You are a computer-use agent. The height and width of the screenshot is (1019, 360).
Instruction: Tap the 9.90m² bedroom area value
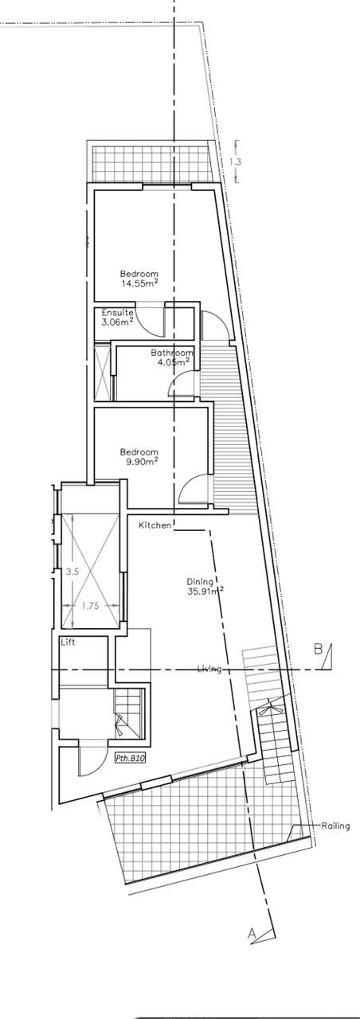pyautogui.click(x=142, y=462)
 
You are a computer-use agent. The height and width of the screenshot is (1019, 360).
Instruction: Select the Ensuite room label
pyautogui.click(x=117, y=313)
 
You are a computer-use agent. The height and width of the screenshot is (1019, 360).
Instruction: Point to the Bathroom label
pyautogui.click(x=172, y=352)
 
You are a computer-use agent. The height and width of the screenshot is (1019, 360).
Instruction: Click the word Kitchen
pyautogui.click(x=155, y=525)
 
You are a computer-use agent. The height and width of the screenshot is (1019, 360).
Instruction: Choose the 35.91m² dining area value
pyautogui.click(x=205, y=591)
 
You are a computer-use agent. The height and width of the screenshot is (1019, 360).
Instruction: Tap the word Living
pyautogui.click(x=209, y=669)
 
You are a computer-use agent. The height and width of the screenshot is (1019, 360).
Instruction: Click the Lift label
pyautogui.click(x=68, y=642)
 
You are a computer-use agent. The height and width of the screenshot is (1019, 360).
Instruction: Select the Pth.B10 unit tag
pyautogui.click(x=130, y=759)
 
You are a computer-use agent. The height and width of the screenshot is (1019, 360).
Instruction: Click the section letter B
pyautogui.click(x=318, y=648)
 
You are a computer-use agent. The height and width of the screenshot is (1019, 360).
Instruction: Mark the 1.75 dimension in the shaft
pyautogui.click(x=91, y=606)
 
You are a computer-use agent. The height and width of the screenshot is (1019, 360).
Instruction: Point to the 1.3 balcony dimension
pyautogui.click(x=235, y=162)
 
